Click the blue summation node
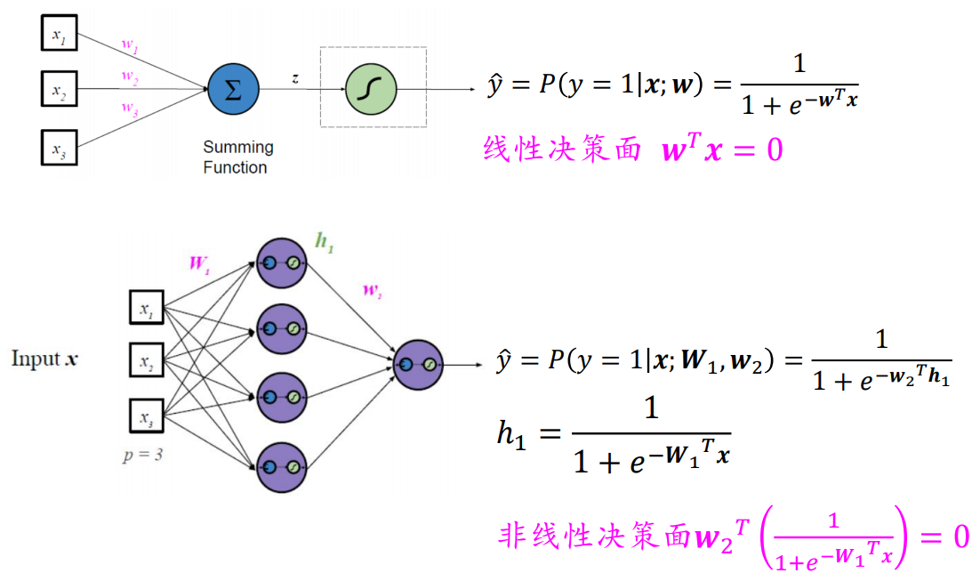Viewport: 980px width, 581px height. [x=233, y=90]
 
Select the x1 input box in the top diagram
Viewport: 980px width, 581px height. [x=59, y=35]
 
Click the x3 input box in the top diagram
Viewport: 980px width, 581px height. [x=59, y=148]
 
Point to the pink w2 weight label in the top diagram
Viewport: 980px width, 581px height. [x=130, y=77]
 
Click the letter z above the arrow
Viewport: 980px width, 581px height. [x=295, y=78]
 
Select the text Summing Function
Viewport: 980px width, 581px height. [x=237, y=157]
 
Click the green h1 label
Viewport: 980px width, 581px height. [x=325, y=243]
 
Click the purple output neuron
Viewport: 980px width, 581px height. [x=417, y=364]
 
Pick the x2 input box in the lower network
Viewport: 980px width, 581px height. [x=146, y=360]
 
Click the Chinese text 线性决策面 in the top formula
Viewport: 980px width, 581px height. [x=562, y=149]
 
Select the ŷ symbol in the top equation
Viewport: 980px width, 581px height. [x=495, y=86]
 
